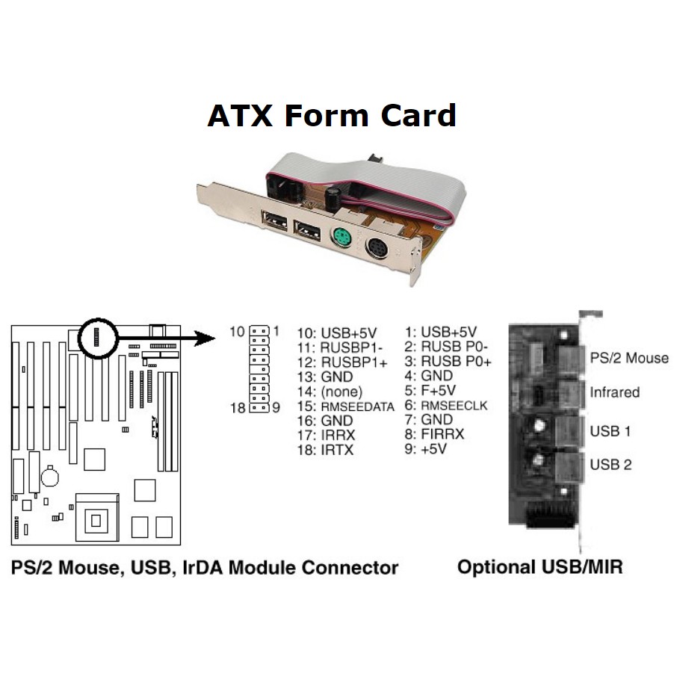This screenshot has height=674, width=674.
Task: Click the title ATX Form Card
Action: point(331,116)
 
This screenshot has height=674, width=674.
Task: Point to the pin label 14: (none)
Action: point(330,391)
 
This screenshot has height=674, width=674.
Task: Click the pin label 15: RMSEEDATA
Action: point(345,406)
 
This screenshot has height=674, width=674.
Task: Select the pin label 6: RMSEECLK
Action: point(447,406)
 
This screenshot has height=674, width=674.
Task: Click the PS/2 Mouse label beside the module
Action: point(629,358)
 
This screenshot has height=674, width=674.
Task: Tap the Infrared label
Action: point(615,392)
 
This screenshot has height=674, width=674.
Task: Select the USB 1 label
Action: point(610,430)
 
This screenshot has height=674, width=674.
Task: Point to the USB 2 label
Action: point(610,464)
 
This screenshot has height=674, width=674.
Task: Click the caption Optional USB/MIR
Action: point(540,566)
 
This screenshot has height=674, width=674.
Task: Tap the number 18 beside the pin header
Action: point(237,407)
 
